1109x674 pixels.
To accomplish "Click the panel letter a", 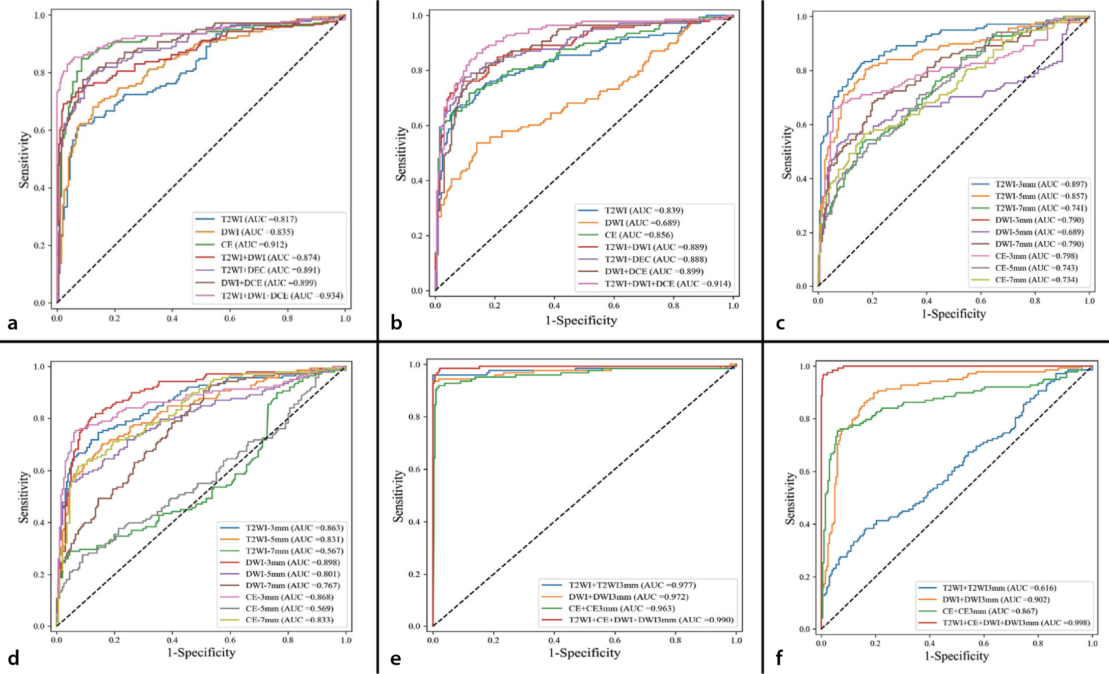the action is tap(12, 324).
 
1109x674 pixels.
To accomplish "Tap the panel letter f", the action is tap(779, 658).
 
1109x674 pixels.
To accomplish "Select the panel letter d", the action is tap(13, 658).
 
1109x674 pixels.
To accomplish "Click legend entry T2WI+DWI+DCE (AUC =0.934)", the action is tap(282, 296).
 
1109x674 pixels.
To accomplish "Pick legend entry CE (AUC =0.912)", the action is tap(254, 244).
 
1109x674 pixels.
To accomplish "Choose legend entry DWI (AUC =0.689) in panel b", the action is tap(642, 223).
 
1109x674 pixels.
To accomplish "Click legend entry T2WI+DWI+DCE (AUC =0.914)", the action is tap(668, 284).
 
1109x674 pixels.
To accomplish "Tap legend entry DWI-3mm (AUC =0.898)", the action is tap(293, 562).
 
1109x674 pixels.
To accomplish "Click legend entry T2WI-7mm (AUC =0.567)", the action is tap(295, 551).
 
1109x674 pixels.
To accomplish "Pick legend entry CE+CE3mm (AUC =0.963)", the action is tap(622, 609).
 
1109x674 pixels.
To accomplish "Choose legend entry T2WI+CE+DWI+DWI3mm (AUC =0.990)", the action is tap(651, 620).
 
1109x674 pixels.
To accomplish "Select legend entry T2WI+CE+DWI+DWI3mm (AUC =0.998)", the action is tap(1016, 623).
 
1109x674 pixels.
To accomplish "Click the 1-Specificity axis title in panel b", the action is tap(581, 320).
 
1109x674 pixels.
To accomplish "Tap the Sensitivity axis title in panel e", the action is tap(398, 495).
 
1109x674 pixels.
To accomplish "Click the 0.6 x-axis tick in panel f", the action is tap(983, 644).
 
